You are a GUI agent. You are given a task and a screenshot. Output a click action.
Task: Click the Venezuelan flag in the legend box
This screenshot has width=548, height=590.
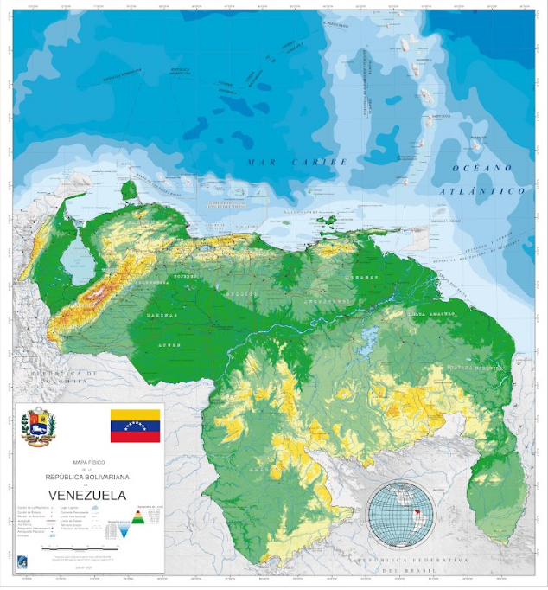[135, 426]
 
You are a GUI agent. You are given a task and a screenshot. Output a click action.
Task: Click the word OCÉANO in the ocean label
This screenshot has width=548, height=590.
[482, 168]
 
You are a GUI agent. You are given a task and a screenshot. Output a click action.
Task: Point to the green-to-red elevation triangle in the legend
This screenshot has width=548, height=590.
[136, 518]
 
